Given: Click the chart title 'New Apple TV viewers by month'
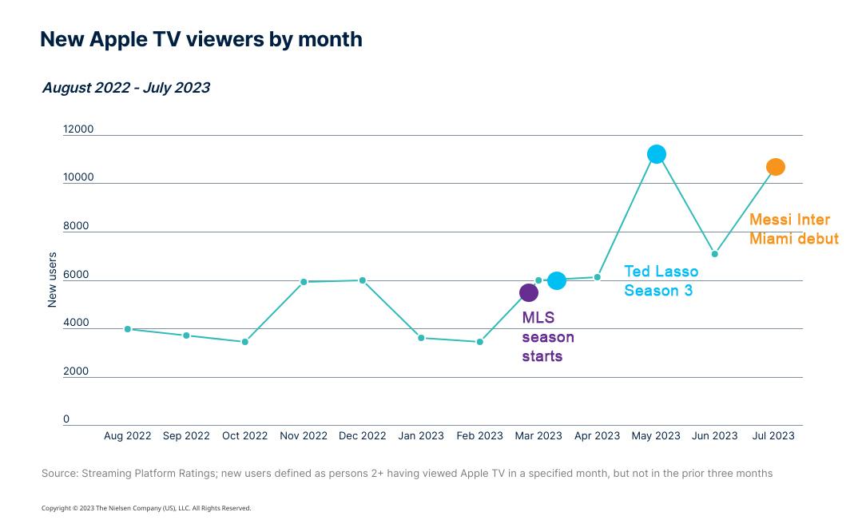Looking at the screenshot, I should (201, 39).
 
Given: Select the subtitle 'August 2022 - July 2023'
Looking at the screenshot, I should (125, 88).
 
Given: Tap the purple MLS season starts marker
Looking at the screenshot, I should (529, 293).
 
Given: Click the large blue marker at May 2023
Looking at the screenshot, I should (656, 154).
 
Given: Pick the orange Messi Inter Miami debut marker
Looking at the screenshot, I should (775, 167).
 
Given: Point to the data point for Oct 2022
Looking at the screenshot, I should (245, 342).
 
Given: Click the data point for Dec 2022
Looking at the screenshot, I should (363, 280).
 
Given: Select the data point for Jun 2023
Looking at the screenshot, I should (715, 254).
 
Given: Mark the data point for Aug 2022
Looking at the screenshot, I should (128, 329).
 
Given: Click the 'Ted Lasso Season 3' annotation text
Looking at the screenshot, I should (661, 281).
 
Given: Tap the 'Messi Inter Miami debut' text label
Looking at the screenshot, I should (793, 229).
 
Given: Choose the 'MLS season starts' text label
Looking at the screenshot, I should (547, 337).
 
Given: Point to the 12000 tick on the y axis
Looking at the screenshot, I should (78, 129).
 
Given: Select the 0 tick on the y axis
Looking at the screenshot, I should (66, 419).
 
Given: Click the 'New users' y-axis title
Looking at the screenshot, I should (53, 280).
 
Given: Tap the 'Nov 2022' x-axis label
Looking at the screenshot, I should (304, 436).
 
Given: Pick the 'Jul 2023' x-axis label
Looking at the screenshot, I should (773, 436).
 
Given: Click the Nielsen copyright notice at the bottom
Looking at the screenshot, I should (146, 508).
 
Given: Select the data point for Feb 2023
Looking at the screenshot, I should (480, 342).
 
